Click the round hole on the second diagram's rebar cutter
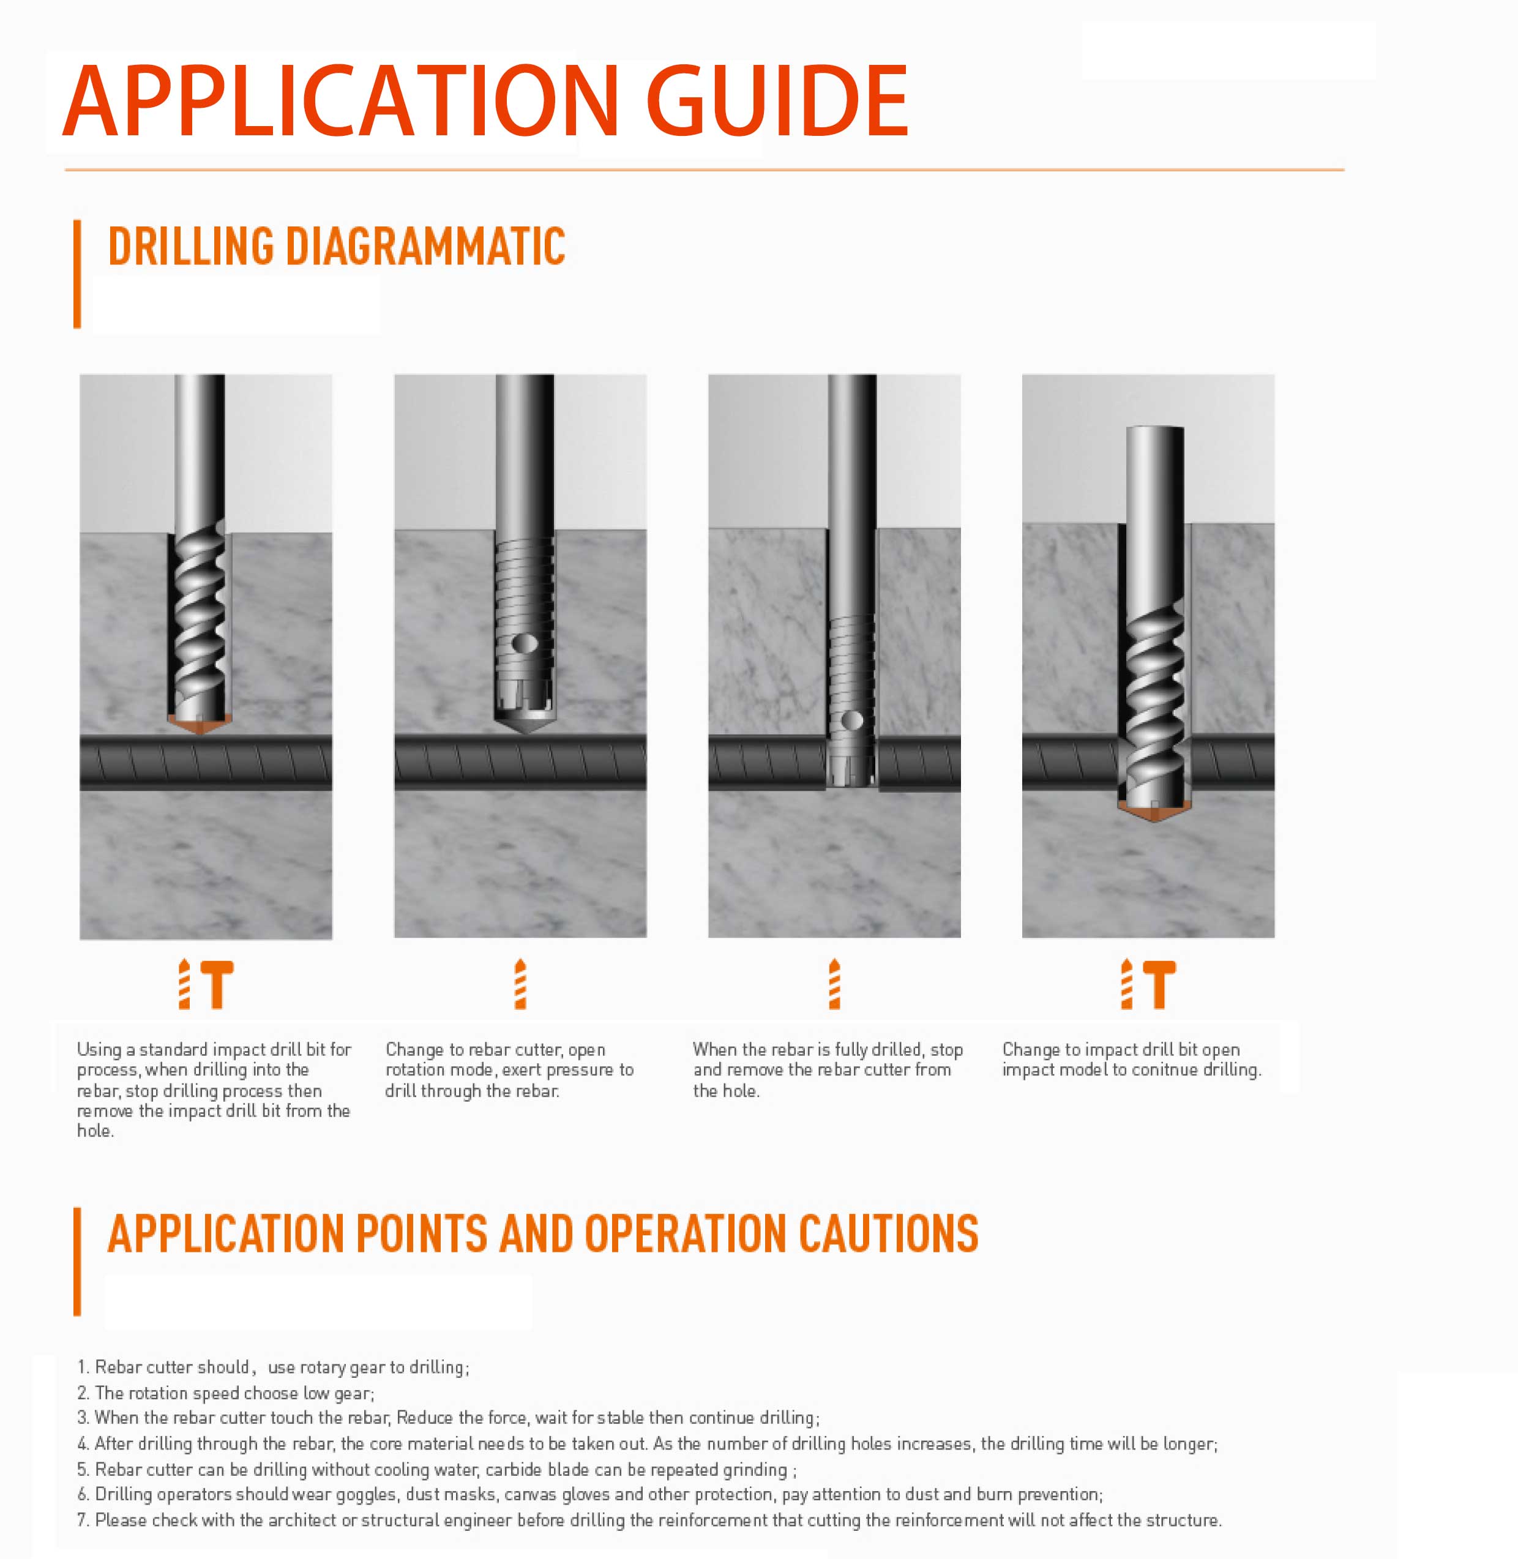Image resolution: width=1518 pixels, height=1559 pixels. pos(524,643)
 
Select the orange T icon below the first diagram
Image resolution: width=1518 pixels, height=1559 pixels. pos(217,984)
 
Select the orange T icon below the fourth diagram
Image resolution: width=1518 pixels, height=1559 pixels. pos(1159,984)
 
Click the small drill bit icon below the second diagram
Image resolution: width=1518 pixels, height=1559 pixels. pos(521,984)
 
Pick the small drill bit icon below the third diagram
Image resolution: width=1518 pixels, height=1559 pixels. pos(835,984)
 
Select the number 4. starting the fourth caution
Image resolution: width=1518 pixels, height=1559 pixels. pos(84,1443)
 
